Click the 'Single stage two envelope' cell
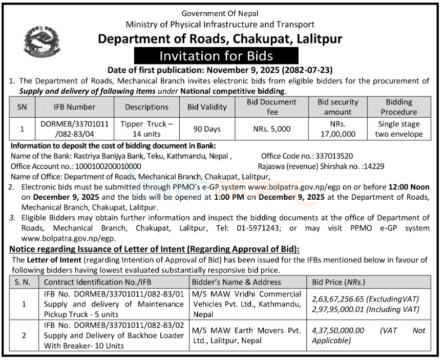398,129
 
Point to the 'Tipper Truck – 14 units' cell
146,129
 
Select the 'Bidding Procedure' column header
398,107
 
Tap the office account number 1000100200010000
102,166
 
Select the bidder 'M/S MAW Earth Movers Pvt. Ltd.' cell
246,335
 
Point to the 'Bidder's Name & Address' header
236,282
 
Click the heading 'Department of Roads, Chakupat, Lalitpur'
220,38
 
